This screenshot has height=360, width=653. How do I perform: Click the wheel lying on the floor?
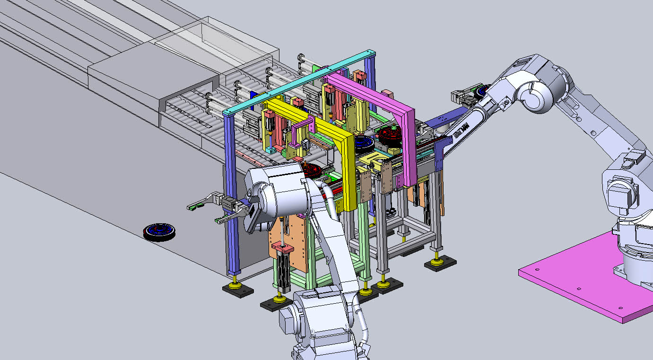click(x=159, y=232)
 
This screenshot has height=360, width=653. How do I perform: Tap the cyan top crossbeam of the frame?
click(x=303, y=81)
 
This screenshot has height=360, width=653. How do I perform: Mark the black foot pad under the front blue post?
click(x=237, y=290)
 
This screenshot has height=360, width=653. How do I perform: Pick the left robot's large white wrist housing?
click(x=279, y=189)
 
